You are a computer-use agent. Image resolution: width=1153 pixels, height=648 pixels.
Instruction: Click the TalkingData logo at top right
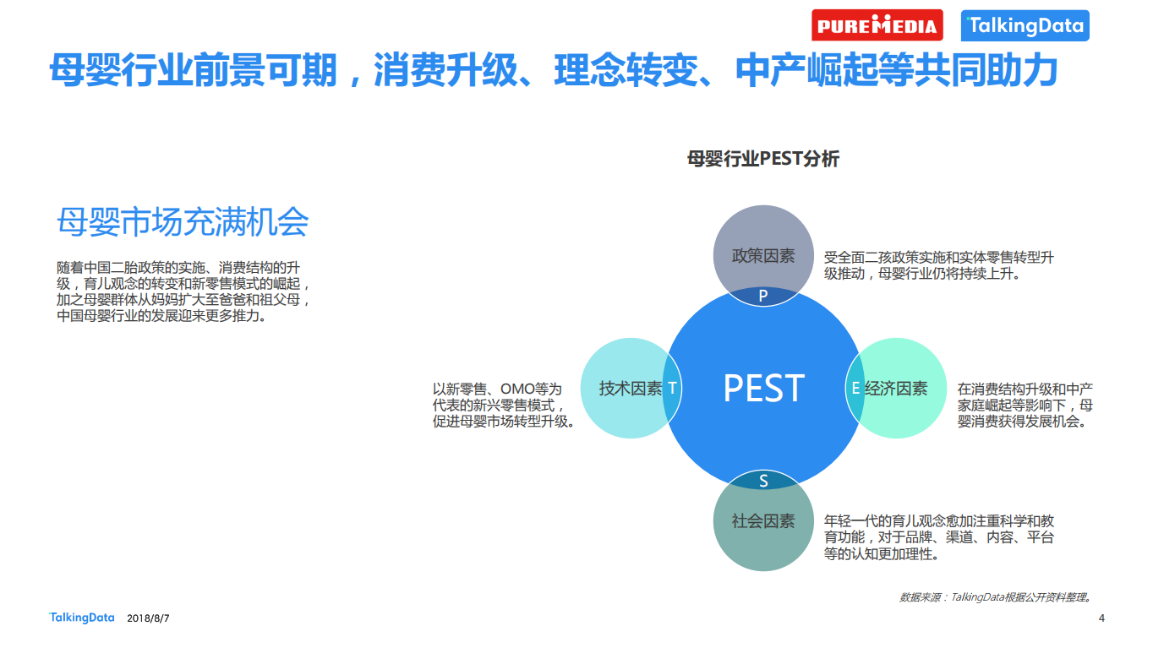1025,25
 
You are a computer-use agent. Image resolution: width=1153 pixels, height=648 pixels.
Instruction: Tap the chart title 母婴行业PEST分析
762,159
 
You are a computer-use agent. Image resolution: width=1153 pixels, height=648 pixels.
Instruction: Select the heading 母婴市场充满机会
183,222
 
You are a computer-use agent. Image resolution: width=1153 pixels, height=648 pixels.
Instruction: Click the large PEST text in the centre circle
763,388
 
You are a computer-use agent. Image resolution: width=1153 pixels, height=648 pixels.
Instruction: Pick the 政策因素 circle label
763,255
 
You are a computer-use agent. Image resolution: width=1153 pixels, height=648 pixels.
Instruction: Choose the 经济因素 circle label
896,388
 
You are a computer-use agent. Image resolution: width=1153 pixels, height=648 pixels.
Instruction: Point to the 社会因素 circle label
763,520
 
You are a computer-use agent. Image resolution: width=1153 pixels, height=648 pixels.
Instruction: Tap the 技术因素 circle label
631,388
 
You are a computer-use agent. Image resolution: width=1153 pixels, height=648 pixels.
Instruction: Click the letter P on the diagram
763,297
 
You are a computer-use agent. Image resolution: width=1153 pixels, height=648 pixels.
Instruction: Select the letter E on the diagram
855,388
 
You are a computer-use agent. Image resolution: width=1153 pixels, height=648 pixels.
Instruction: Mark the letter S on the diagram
763,481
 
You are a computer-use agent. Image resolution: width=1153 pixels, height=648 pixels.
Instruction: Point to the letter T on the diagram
672,388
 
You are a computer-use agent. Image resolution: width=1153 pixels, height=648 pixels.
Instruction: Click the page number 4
1101,618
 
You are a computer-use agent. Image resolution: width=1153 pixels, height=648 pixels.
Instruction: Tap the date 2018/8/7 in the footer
148,618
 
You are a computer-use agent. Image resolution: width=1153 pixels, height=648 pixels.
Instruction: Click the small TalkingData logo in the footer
81,618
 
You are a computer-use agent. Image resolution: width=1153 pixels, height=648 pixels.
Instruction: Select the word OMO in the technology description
518,389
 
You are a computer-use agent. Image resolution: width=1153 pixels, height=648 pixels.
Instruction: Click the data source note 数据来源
921,597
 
